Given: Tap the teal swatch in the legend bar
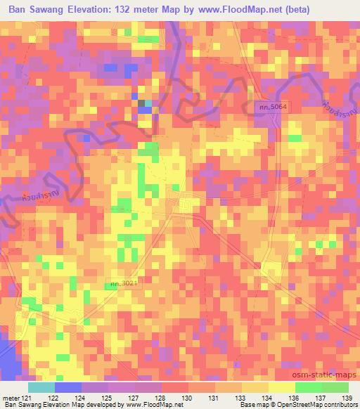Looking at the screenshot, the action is [41, 387].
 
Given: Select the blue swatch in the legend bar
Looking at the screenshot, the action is [67, 387].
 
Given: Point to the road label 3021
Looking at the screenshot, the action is [121, 283].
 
